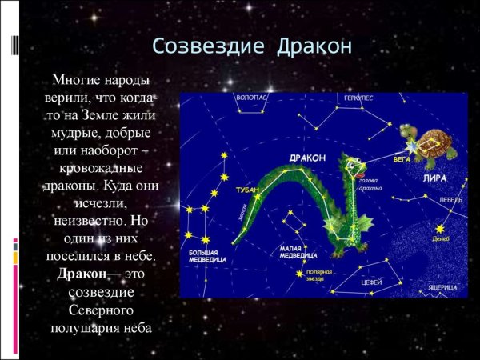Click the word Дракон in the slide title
point(310,46)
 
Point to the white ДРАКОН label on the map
point(307,158)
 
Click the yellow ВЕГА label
point(402,159)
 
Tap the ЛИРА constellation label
point(434,178)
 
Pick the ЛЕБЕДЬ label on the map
point(450,200)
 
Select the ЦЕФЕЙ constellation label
point(372,282)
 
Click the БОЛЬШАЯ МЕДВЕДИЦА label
point(208,256)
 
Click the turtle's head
point(407,131)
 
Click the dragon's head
point(353,167)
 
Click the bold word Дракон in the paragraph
point(82,274)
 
